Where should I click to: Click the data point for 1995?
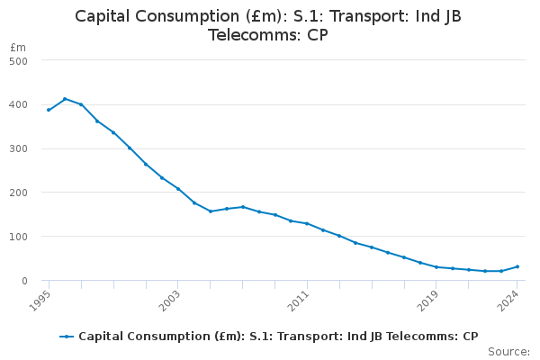[x=49, y=110]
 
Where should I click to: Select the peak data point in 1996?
[x=65, y=99]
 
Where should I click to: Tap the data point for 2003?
[x=178, y=189]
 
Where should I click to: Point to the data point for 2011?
[x=307, y=223]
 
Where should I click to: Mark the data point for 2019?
[x=436, y=267]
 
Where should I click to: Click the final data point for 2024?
[x=517, y=266]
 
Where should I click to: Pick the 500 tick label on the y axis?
[x=19, y=60]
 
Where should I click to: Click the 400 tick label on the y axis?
[x=19, y=104]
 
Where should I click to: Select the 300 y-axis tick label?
[x=19, y=148]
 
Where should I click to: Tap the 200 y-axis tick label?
[x=19, y=193]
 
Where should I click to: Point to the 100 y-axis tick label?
[x=19, y=237]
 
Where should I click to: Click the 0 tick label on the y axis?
[x=25, y=281]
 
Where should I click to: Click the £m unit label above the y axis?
[x=18, y=47]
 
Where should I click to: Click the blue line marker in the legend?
[x=67, y=337]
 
